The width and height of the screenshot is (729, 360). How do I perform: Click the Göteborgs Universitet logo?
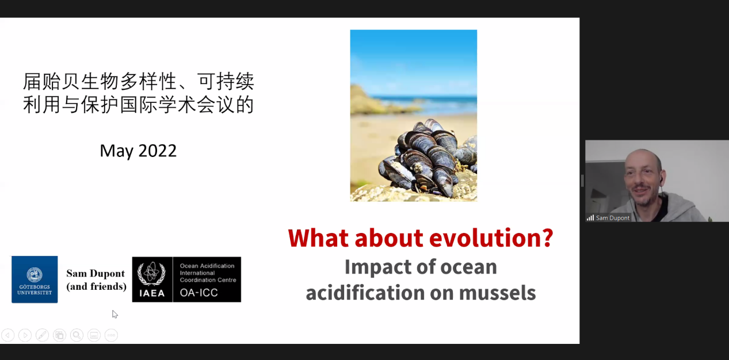(x=35, y=279)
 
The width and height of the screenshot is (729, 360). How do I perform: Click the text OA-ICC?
(x=199, y=293)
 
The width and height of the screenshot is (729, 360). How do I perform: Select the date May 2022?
(x=138, y=151)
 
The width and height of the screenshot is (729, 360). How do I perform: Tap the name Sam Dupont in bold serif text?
(x=96, y=274)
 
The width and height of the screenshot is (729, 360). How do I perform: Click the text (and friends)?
(x=96, y=286)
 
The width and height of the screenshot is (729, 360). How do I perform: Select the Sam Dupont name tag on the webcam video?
(x=609, y=218)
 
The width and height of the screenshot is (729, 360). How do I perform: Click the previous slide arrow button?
(x=8, y=335)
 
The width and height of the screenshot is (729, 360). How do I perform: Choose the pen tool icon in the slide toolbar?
(x=43, y=335)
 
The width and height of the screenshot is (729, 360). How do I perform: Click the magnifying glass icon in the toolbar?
(x=77, y=335)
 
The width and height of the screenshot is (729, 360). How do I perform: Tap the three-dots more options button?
(x=111, y=335)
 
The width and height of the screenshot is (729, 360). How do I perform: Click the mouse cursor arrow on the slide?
(x=114, y=314)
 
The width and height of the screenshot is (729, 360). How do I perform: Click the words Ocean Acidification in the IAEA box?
(x=207, y=266)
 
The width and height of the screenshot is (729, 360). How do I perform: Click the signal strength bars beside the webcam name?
(x=590, y=218)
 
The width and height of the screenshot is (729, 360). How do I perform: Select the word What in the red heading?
(x=319, y=238)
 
